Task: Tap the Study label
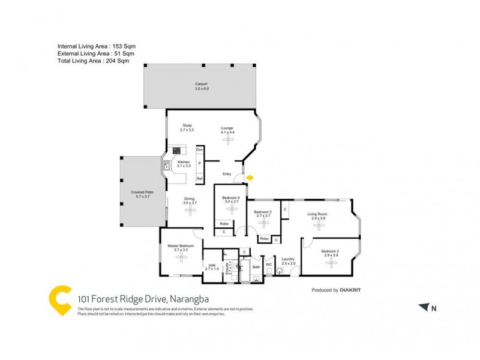click(x=187, y=127)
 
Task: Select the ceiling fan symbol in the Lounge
click(x=227, y=139)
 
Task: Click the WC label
click(x=269, y=264)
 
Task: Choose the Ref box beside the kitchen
click(x=199, y=179)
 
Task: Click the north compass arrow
click(x=425, y=307)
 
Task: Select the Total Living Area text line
click(x=93, y=61)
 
